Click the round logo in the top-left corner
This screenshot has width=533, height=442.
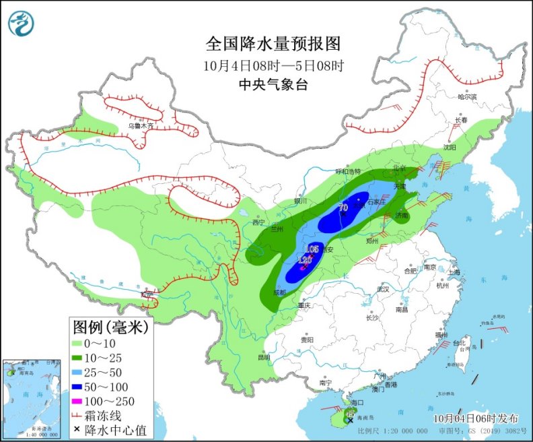21,24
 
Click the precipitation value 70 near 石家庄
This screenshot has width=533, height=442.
343,208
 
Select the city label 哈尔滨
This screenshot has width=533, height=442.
466,97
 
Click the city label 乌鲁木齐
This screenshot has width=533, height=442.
141,125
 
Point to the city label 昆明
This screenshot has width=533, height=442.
262,356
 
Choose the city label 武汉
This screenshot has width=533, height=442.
384,288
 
